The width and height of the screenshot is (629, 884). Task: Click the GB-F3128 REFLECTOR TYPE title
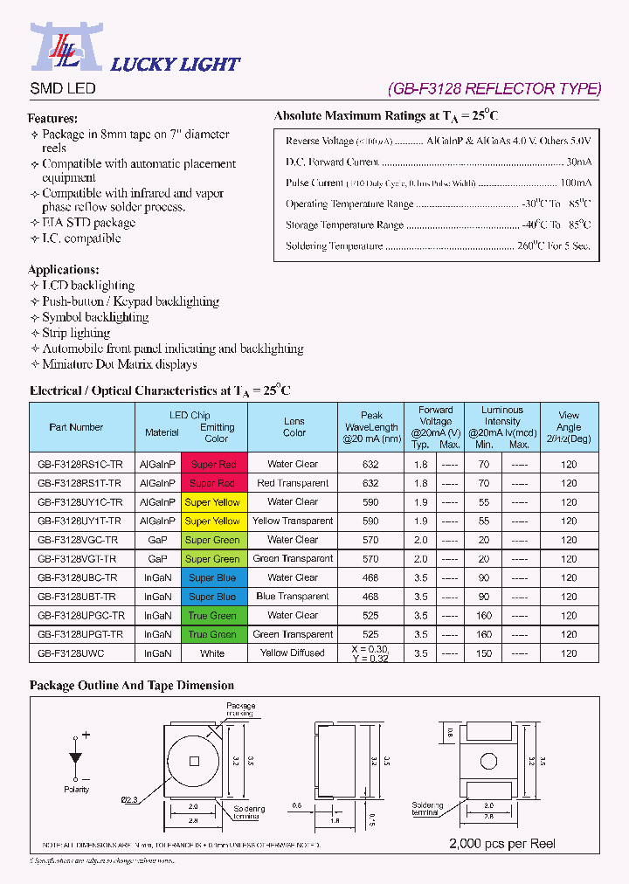point(494,88)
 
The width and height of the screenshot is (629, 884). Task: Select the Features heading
point(52,118)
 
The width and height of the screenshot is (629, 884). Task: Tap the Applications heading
point(63,270)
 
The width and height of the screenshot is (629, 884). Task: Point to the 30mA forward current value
point(578,162)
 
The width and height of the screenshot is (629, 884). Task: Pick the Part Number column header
point(76,427)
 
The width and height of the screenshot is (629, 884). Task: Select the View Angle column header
point(569,427)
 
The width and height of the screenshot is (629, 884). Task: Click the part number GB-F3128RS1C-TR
point(79,464)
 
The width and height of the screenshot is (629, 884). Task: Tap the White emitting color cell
point(212,653)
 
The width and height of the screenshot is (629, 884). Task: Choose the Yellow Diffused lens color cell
point(293,653)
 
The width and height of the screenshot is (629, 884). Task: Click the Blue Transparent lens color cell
point(293,597)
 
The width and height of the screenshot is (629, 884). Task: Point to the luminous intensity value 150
point(484,653)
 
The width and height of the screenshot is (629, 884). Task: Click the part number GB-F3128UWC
point(71,653)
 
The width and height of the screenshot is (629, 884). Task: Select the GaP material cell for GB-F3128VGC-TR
point(157,540)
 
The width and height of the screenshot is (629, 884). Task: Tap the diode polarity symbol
point(76,756)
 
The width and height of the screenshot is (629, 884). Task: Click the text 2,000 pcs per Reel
point(501,844)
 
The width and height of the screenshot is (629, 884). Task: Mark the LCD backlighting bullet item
point(87,286)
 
